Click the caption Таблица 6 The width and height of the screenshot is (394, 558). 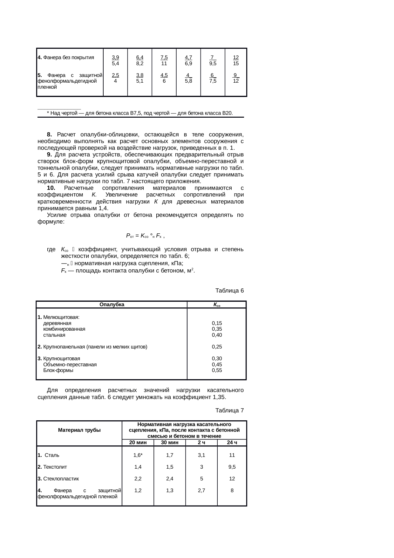coord(229,291)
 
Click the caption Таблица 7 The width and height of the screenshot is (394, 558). coord(229,410)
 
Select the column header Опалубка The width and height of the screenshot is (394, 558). coord(112,305)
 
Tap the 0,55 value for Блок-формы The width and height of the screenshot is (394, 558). coord(217,370)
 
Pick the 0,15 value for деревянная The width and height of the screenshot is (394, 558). coord(217,323)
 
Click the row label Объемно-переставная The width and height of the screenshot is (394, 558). coord(70,365)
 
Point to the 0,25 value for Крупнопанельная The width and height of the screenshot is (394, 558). coord(217,347)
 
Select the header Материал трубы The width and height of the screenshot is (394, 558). coord(79,430)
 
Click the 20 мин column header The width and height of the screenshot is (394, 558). coord(138,443)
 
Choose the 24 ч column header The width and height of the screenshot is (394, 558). coord(232,443)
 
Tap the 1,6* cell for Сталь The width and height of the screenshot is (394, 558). coord(138,455)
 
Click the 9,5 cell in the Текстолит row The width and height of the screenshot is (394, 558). coord(232,467)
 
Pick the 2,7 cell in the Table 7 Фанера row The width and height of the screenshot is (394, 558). coord(201,491)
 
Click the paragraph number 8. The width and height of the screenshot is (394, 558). coord(49,134)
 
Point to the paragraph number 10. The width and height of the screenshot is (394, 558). coord(51,188)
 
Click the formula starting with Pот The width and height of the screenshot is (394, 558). coord(145,236)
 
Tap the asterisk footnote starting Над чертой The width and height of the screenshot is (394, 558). coord(140,113)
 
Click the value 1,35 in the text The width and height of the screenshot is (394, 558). coord(219,397)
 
